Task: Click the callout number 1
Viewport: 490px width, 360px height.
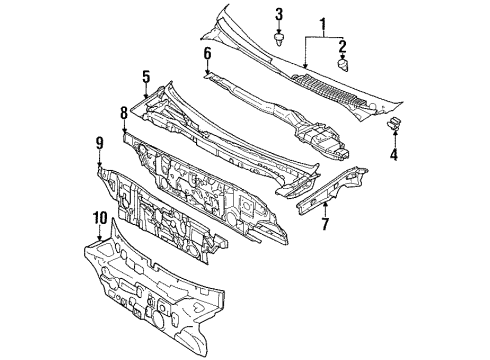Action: point(323,23)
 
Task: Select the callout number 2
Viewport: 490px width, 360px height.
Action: point(343,45)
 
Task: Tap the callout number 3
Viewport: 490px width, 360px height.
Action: point(279,14)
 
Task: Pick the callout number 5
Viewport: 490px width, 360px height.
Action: point(146,75)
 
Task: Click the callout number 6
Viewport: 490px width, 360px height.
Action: point(207,53)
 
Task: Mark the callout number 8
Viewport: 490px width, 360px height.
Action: point(124,114)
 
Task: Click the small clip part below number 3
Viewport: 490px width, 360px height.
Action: point(279,43)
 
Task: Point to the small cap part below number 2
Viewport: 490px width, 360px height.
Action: point(343,64)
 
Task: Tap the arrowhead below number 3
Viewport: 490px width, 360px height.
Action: point(279,32)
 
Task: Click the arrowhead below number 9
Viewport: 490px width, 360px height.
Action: point(100,168)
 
